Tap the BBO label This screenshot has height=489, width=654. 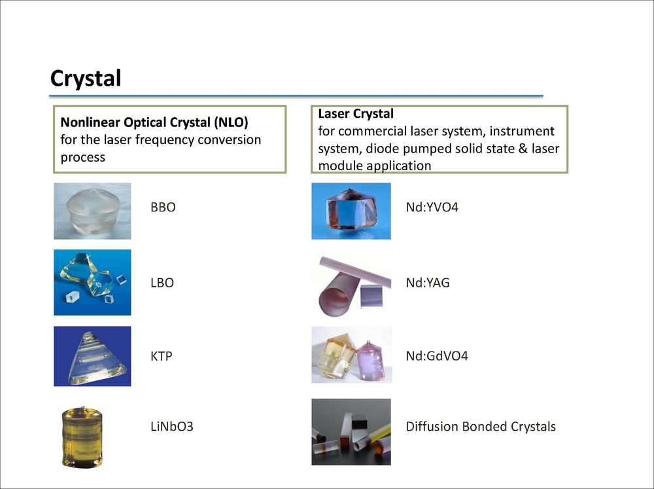(163, 207)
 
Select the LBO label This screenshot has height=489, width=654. (162, 283)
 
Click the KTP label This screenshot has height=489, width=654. (161, 356)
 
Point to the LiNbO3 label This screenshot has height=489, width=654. (172, 426)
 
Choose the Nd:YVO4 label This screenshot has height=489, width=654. (432, 207)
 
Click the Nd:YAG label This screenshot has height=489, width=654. (428, 283)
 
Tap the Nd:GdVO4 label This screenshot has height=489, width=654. (437, 356)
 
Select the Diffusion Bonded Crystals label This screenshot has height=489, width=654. (481, 426)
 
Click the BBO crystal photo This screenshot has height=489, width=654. (92, 211)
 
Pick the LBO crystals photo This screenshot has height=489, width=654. (92, 282)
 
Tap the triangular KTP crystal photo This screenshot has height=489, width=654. (92, 356)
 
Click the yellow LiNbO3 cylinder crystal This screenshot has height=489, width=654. (82, 437)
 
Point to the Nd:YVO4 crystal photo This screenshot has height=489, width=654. (351, 211)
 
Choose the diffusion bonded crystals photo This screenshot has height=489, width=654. (351, 432)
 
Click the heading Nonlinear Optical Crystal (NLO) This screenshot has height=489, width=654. (154, 122)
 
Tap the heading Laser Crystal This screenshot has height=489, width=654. (356, 114)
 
